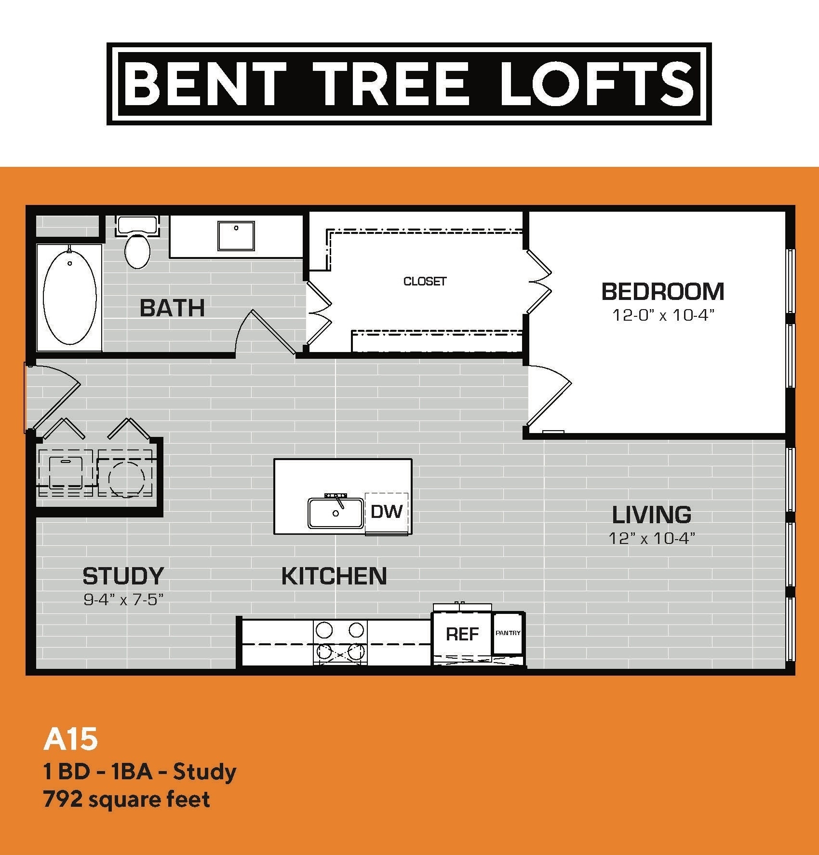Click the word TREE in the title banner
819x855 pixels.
(x=390, y=84)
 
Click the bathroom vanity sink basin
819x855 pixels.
(x=236, y=236)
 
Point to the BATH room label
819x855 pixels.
(x=172, y=308)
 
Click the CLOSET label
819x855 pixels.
(x=425, y=281)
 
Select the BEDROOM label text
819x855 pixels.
(x=663, y=292)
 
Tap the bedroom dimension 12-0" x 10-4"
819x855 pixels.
(x=663, y=315)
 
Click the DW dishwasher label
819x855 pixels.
(x=387, y=512)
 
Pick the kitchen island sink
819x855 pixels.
(x=336, y=513)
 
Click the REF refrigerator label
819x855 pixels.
(x=462, y=634)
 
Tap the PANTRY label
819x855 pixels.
(x=508, y=633)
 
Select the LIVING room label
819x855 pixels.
(x=651, y=515)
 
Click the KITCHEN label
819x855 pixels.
(x=334, y=576)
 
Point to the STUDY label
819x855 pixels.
(x=123, y=576)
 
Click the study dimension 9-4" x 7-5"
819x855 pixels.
(x=123, y=600)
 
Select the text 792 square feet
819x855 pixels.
(x=126, y=800)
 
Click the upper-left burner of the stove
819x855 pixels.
(x=324, y=630)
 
